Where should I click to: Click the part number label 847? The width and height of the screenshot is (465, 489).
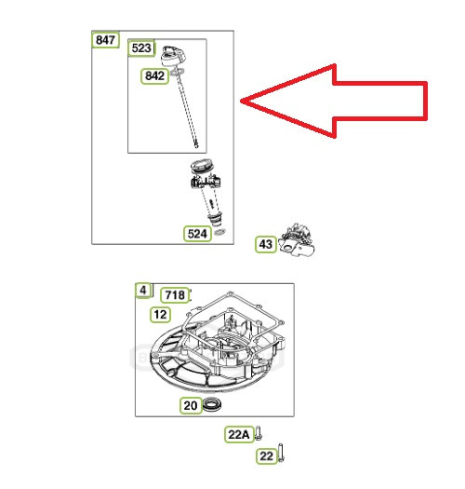(105, 40)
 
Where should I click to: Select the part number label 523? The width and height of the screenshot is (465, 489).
(141, 48)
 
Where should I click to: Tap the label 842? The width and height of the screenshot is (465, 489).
(154, 76)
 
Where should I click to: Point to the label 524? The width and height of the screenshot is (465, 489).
(197, 234)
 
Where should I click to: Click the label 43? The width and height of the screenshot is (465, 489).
(266, 244)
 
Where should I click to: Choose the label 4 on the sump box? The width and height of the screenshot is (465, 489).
(143, 291)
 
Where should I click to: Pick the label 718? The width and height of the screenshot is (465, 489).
(175, 295)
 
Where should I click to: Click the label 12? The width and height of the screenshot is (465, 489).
(160, 315)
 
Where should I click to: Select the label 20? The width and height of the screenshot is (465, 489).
(191, 405)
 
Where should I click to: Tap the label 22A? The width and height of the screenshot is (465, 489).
(239, 434)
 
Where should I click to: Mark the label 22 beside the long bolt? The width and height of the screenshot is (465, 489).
(267, 456)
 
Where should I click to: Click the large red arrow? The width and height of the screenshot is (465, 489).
(334, 101)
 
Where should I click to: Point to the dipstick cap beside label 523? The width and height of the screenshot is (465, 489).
(173, 56)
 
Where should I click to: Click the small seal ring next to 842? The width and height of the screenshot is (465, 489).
(177, 73)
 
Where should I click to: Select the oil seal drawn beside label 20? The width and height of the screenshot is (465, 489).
(212, 405)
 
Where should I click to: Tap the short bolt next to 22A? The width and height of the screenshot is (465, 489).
(258, 433)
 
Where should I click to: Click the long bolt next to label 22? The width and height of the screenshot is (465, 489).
(280, 453)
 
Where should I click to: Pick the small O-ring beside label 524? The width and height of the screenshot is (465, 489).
(220, 232)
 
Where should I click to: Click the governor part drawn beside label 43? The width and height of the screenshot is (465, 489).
(297, 239)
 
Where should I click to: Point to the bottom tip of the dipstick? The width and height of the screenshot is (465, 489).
(196, 146)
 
